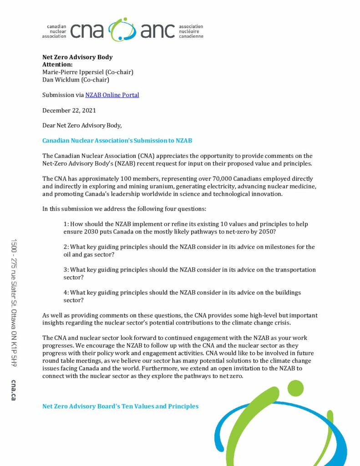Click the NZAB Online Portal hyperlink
click(112, 95)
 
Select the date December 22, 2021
click(69, 111)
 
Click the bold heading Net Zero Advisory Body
click(77, 57)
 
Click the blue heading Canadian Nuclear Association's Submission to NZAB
click(120, 141)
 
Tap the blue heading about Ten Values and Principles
click(120, 406)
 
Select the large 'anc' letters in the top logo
click(157, 30)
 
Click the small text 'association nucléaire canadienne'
click(191, 31)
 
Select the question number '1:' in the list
click(66, 224)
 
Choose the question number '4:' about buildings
click(66, 293)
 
